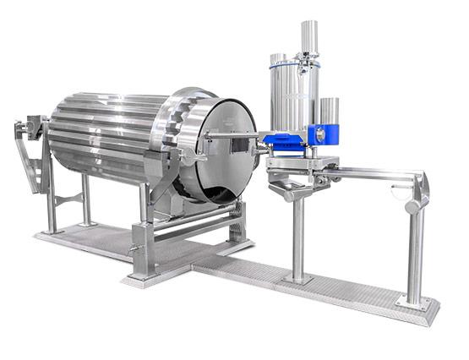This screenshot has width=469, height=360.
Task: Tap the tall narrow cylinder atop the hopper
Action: (x=309, y=38)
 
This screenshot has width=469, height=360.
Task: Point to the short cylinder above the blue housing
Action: (x=329, y=111)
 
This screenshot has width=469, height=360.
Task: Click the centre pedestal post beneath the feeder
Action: (x=297, y=237)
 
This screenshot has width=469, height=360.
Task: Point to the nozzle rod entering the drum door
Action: (x=232, y=134)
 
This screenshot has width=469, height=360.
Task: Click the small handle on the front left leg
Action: (x=133, y=248)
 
